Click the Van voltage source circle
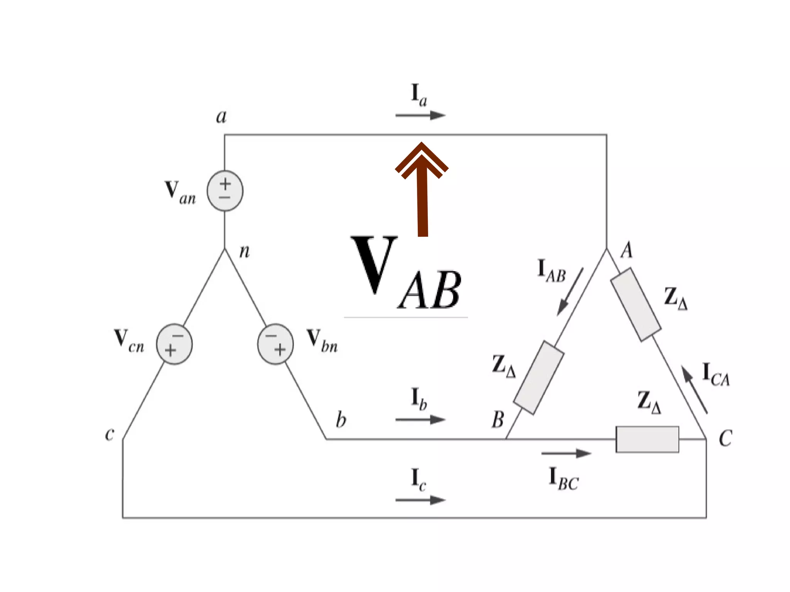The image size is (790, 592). tap(225, 191)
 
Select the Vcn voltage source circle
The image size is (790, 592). tap(174, 344)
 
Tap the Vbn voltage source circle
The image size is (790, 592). tap(275, 344)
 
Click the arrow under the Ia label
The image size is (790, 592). tap(420, 115)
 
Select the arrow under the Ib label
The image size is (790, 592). tap(420, 419)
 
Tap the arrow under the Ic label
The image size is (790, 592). tap(420, 500)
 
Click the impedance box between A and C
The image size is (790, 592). tap(636, 305)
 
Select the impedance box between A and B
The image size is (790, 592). tap(538, 378)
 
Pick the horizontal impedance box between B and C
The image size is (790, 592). tap(647, 439)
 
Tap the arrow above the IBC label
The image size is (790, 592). tap(566, 454)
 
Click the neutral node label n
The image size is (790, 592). tap(245, 251)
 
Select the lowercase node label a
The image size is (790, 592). tap(221, 116)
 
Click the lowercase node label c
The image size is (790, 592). tap(110, 434)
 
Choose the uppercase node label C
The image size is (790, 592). tap(725, 439)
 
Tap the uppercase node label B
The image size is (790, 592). tap(498, 420)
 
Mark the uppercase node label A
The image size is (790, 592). tap(627, 250)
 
